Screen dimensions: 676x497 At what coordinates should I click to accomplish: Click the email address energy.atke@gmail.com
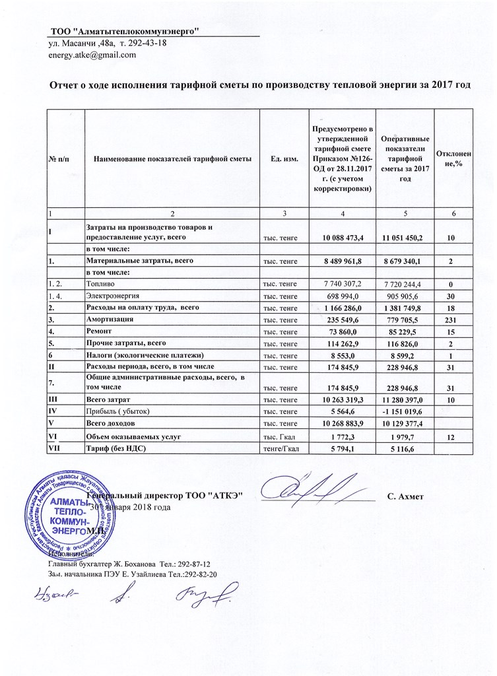pos(92,55)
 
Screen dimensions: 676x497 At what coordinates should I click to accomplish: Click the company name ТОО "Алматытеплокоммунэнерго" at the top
pos(125,32)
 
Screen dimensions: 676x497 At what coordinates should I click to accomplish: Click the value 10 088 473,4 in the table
pos(342,236)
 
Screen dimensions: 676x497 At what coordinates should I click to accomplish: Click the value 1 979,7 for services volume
pos(405,436)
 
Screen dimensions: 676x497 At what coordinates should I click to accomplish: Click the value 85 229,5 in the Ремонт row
pos(405,331)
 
